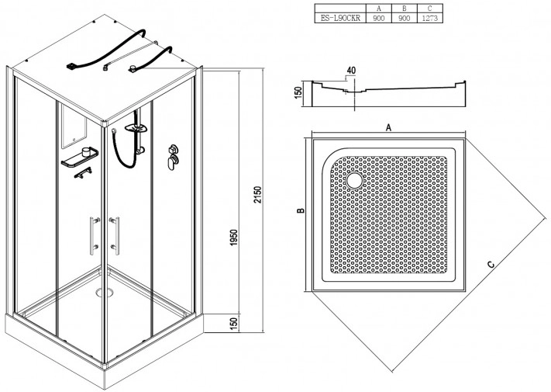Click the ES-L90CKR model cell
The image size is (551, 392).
tap(340, 19)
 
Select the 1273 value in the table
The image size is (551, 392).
tap(429, 19)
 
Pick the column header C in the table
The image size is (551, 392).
tap(429, 9)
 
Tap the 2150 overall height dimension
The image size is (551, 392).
tap(258, 195)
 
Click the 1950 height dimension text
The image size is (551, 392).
tap(234, 238)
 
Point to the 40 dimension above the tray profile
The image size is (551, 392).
tap(351, 71)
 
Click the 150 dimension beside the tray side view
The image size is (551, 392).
tap(298, 92)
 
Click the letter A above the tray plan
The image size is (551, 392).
tap(388, 127)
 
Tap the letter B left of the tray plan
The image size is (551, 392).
tap(301, 211)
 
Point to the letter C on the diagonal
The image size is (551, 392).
tap(491, 265)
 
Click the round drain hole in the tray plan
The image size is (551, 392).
tap(355, 180)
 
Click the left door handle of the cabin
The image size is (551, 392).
tap(93, 235)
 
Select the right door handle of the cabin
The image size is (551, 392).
tap(115, 235)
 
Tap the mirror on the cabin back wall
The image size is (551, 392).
tap(74, 127)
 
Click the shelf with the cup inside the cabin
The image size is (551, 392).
tap(80, 158)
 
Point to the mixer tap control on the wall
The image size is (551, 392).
tap(174, 157)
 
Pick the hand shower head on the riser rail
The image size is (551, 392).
tap(136, 128)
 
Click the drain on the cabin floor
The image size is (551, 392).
tap(105, 292)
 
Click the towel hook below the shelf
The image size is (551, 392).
tap(83, 173)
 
